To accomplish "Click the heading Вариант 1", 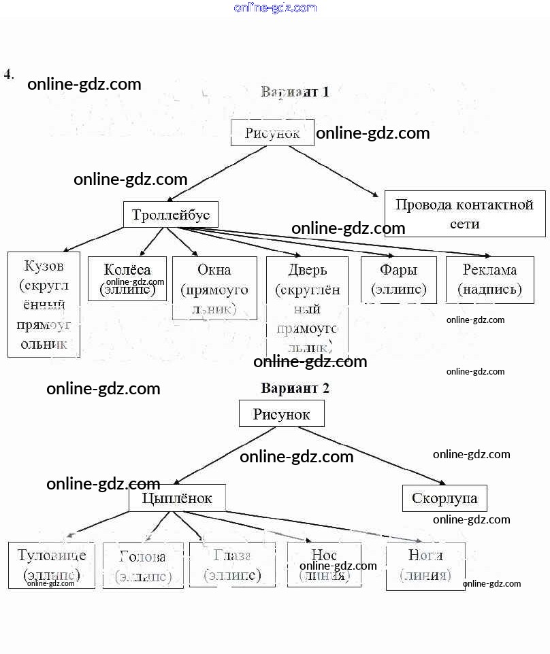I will pyautogui.click(x=295, y=92).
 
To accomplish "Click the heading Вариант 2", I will pyautogui.click(x=295, y=388).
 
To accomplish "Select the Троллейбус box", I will pyautogui.click(x=171, y=215).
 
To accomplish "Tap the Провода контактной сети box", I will pyautogui.click(x=465, y=213).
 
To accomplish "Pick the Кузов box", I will pyautogui.click(x=44, y=304).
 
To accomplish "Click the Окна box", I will pyautogui.click(x=214, y=288).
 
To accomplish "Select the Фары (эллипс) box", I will pyautogui.click(x=398, y=279).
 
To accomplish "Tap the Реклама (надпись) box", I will pyautogui.click(x=489, y=279).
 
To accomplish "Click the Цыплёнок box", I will pyautogui.click(x=177, y=498).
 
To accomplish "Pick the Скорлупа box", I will pyautogui.click(x=444, y=498).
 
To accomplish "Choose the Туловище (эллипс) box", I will pyautogui.click(x=52, y=565).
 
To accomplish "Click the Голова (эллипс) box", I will pyautogui.click(x=143, y=565).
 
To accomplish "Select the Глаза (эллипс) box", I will pyautogui.click(x=232, y=565).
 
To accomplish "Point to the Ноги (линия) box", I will pyautogui.click(x=425, y=565).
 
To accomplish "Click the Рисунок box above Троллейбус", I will pyautogui.click(x=272, y=133).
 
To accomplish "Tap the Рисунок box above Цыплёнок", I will pyautogui.click(x=281, y=413).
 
